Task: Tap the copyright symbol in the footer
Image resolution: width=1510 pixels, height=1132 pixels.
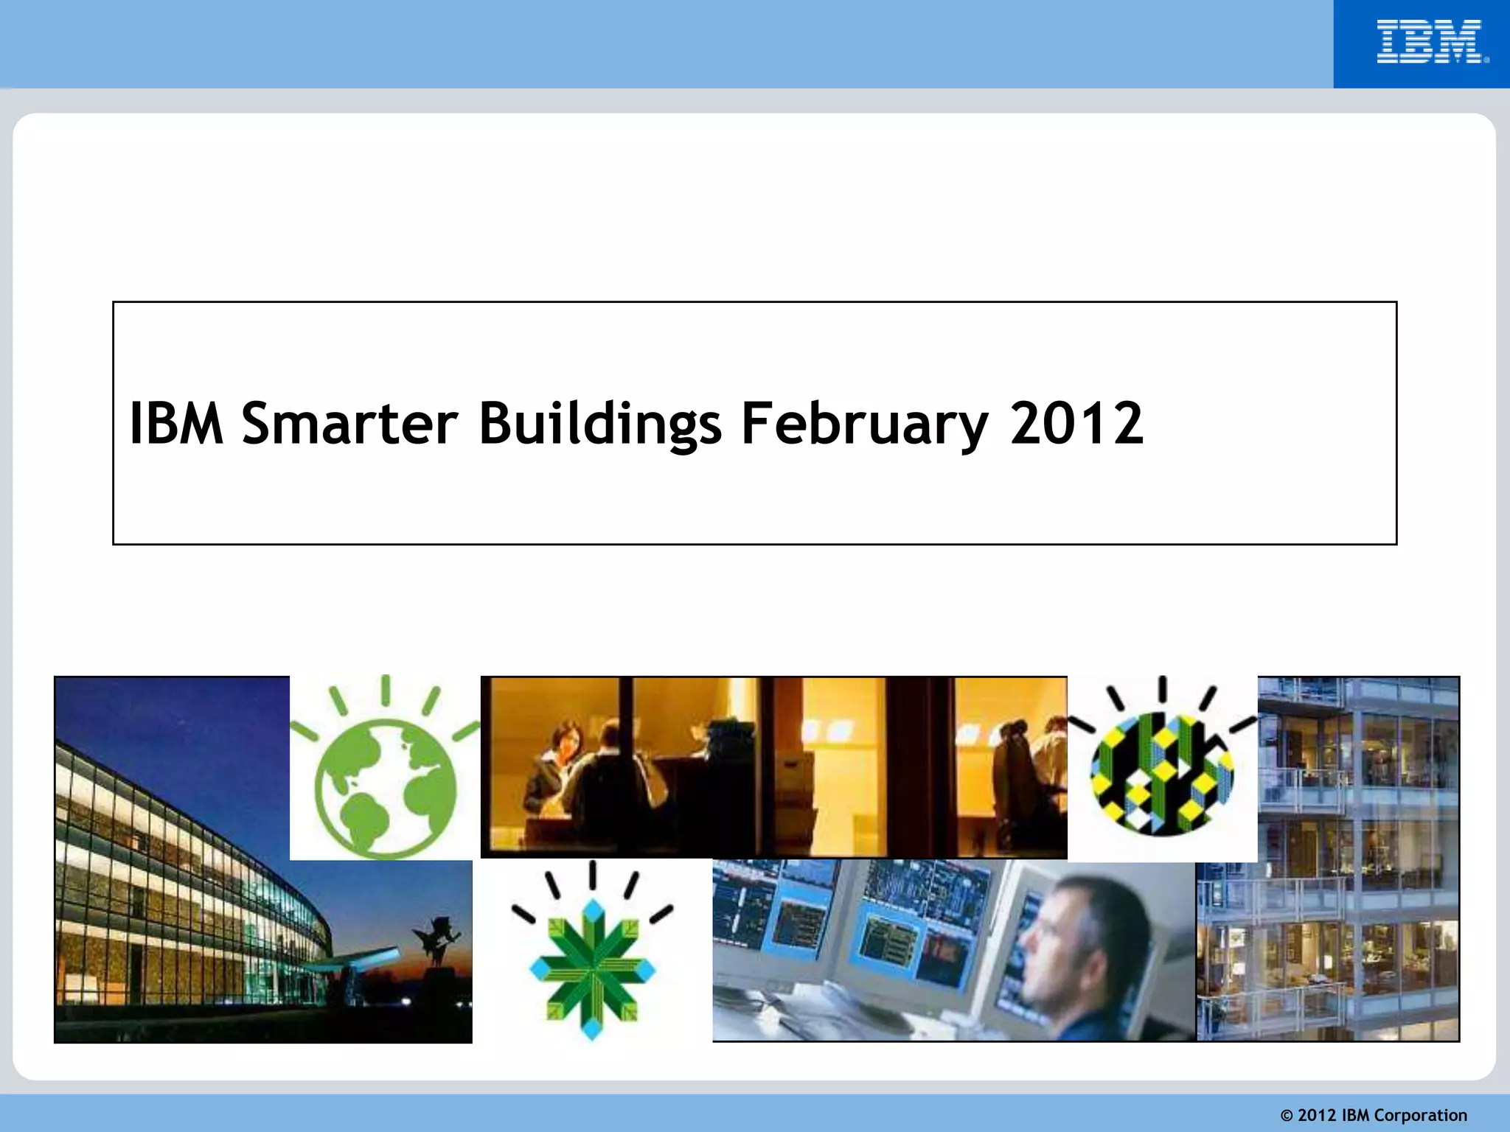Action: click(x=1287, y=1116)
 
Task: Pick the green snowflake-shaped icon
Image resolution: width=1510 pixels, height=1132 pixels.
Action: click(x=592, y=966)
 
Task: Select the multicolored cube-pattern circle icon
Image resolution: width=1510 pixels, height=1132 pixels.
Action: click(x=1162, y=774)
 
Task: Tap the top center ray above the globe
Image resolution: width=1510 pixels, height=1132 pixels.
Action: click(x=385, y=690)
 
